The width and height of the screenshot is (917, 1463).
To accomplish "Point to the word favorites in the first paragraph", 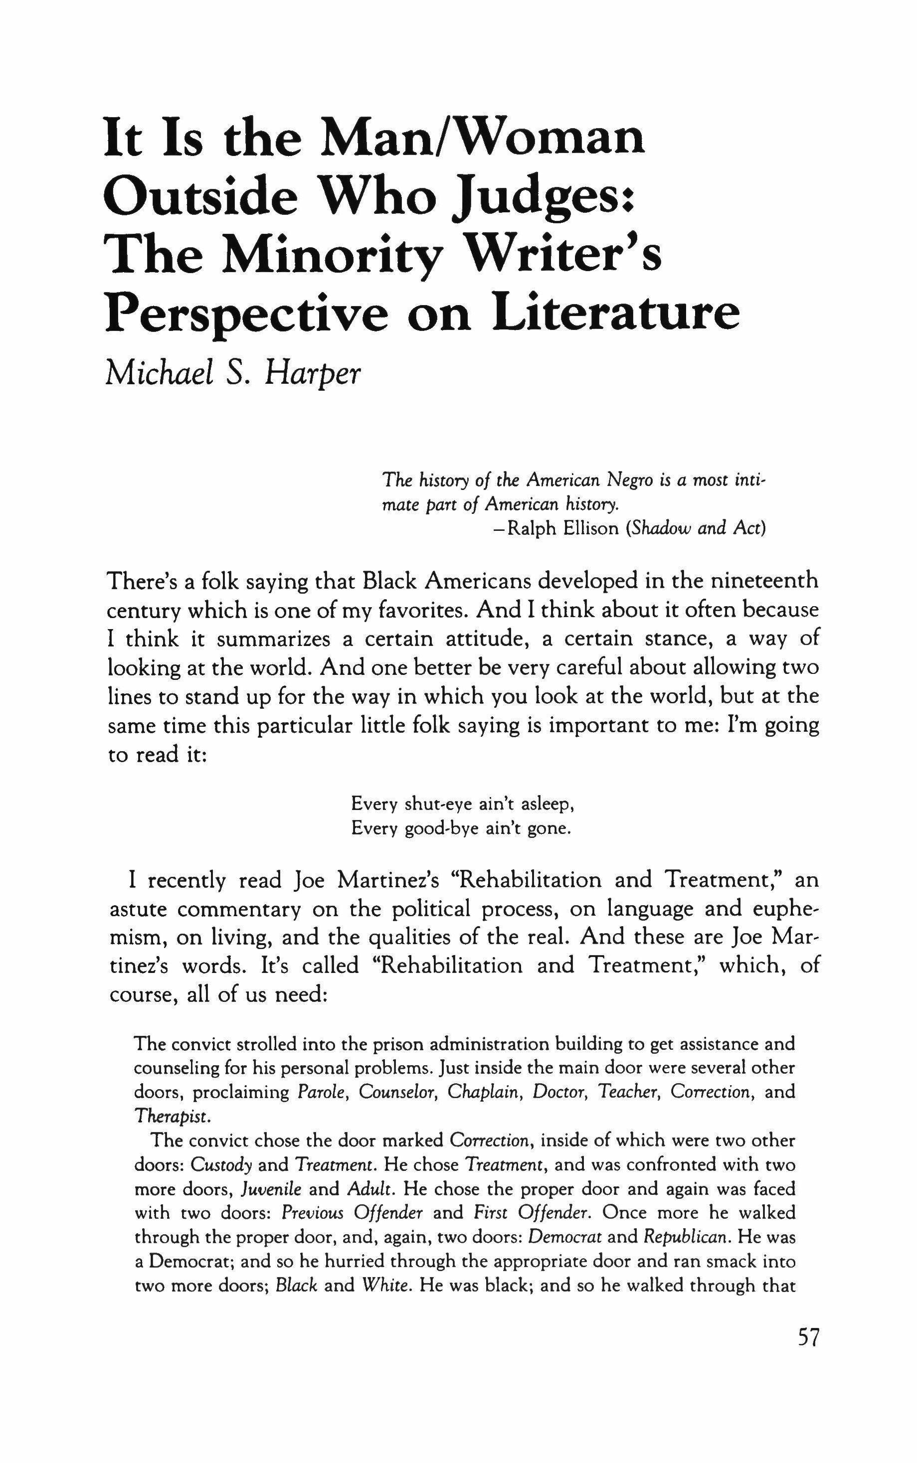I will (422, 610).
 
